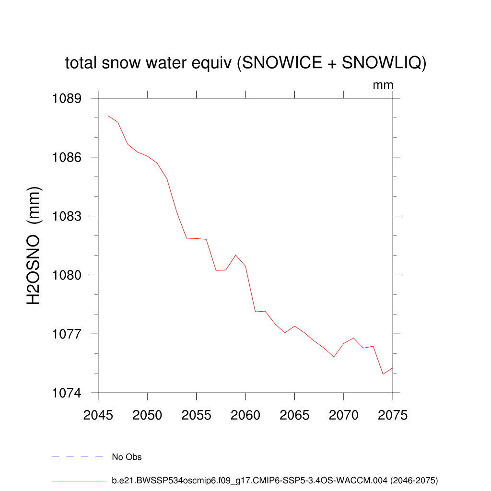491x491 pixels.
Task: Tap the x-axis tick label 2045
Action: click(x=98, y=415)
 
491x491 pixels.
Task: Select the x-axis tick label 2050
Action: click(x=147, y=415)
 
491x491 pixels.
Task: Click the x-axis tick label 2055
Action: click(x=196, y=415)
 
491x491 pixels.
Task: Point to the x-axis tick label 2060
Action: click(x=245, y=415)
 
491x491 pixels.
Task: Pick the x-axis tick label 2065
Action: click(x=294, y=415)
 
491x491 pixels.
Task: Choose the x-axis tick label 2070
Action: click(x=344, y=415)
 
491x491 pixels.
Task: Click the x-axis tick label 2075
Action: click(x=393, y=415)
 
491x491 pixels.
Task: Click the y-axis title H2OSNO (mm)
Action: click(x=34, y=245)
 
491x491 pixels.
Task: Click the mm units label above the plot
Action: click(x=383, y=85)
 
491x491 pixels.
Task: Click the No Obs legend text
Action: click(x=127, y=457)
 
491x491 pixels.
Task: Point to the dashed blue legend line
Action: click(x=78, y=457)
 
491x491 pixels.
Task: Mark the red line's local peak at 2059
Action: click(x=235, y=255)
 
